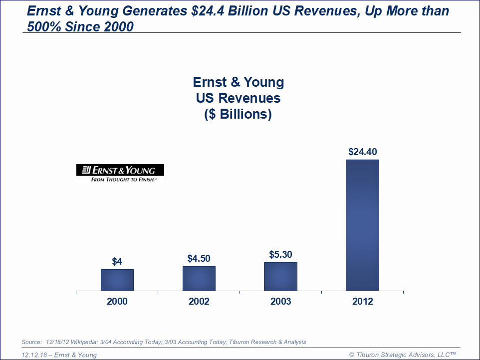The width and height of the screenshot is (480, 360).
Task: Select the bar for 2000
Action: (117, 280)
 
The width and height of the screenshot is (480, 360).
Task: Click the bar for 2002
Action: (199, 278)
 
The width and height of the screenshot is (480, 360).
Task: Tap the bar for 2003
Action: (280, 276)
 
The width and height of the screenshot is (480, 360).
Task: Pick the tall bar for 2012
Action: (362, 225)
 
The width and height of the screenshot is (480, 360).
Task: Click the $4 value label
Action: (117, 261)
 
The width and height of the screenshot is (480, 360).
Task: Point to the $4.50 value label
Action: (199, 258)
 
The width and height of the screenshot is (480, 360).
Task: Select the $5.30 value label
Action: (280, 254)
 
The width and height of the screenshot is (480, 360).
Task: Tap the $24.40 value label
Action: (362, 152)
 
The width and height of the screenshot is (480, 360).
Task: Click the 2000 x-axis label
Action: (117, 302)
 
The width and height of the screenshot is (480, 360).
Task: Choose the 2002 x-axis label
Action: (199, 302)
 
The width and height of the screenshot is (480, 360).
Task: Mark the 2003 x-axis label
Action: (280, 302)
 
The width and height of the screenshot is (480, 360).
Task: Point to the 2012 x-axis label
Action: (362, 302)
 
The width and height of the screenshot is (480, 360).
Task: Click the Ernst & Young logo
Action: (120, 170)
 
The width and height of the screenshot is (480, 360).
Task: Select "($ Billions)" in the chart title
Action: (239, 114)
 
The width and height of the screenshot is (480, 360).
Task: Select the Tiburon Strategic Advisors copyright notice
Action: (403, 355)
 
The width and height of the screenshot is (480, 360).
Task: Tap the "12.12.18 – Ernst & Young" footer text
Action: (59, 355)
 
